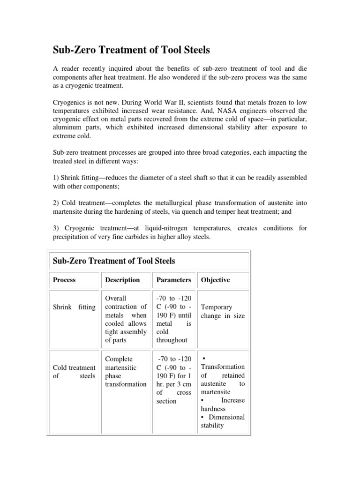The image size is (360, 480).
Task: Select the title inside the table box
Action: click(x=112, y=261)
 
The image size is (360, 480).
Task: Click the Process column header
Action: click(x=64, y=280)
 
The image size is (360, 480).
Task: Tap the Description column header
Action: click(x=122, y=280)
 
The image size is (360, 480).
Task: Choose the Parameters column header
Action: click(x=173, y=280)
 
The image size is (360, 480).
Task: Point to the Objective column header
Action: click(x=215, y=280)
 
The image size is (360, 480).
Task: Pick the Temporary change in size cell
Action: click(x=223, y=311)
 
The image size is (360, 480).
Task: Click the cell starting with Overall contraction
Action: click(x=125, y=319)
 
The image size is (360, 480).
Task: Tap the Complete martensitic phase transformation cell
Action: click(x=126, y=371)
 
